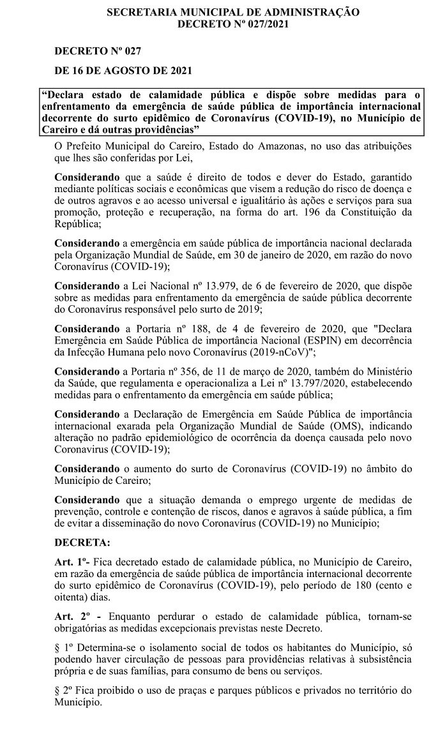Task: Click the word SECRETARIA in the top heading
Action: [137, 12]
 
